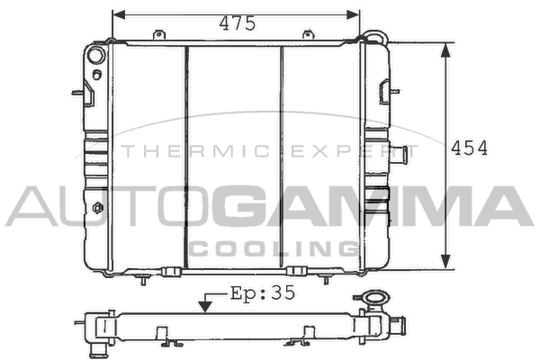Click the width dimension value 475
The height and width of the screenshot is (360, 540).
[238, 23]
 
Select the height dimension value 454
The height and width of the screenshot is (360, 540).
[470, 148]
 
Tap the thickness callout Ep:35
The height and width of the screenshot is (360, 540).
[263, 293]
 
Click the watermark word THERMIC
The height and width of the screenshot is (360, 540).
[196, 151]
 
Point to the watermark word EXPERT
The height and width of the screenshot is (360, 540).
[355, 151]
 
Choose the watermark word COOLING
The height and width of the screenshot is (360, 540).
[274, 248]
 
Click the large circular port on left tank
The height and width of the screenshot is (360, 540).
[95, 55]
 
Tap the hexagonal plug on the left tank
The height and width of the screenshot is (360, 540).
[98, 208]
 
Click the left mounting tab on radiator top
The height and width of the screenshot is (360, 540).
[158, 35]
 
